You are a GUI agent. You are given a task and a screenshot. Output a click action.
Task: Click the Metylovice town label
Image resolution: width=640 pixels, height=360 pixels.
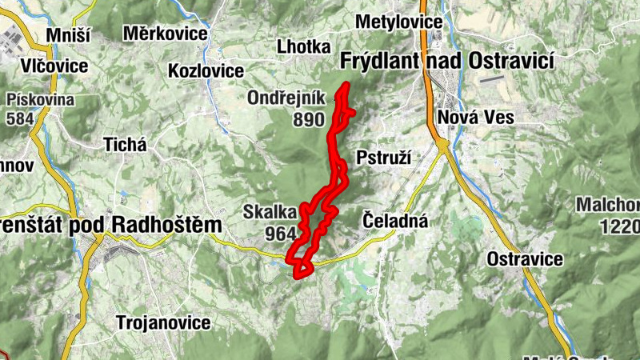pyautogui.click(x=399, y=22)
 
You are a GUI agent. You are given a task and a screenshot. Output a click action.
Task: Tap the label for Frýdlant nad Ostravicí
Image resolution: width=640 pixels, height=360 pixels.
pyautogui.click(x=447, y=60)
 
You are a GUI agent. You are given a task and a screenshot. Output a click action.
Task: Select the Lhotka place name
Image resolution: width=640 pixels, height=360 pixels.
pyautogui.click(x=303, y=46)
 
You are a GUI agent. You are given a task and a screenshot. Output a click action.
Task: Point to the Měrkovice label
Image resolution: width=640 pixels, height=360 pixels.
pyautogui.click(x=166, y=34)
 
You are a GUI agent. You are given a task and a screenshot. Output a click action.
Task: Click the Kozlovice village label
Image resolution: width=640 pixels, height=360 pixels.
pyautogui.click(x=206, y=71)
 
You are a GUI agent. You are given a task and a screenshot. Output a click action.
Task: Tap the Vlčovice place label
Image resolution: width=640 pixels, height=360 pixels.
pyautogui.click(x=54, y=66)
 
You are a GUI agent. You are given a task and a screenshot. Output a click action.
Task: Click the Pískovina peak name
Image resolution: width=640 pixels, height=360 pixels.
pyautogui.click(x=40, y=100)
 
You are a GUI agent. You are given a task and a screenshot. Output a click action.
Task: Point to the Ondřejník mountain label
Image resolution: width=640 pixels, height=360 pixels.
pyautogui.click(x=285, y=98)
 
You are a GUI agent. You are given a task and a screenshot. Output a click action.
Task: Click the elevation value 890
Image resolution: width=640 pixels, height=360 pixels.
pyautogui.click(x=308, y=120)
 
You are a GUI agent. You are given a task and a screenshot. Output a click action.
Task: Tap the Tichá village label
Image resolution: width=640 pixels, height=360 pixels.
pyautogui.click(x=126, y=145)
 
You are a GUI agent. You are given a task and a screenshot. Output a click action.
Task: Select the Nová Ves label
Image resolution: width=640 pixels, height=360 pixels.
pyautogui.click(x=475, y=118)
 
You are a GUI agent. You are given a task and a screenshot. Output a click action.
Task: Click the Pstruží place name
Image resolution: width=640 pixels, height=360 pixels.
pyautogui.click(x=382, y=157)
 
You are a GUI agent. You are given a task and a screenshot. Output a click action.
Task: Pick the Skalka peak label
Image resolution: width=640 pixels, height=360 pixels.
pyautogui.click(x=270, y=212)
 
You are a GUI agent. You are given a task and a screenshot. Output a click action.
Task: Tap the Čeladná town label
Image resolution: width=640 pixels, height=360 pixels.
pyautogui.click(x=395, y=219)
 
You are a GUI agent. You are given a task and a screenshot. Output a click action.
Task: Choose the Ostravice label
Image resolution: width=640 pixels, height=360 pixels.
pyautogui.click(x=525, y=259)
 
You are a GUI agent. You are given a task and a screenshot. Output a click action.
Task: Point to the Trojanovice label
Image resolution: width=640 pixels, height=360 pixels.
pyautogui.click(x=163, y=322)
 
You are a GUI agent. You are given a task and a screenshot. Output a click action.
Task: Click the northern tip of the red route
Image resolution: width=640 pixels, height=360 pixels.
pyautogui.click(x=346, y=85)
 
